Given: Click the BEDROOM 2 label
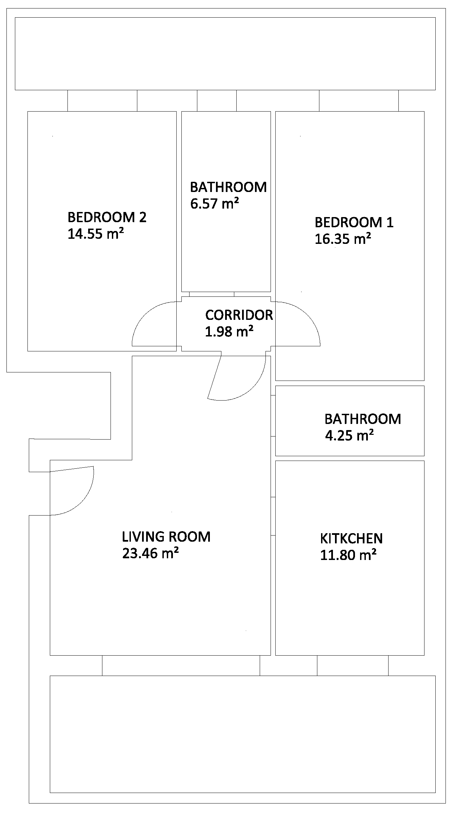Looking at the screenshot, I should pyautogui.click(x=107, y=217).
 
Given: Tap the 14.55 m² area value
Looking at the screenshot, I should pyautogui.click(x=95, y=234).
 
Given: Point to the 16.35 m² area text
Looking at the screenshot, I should pyautogui.click(x=342, y=239).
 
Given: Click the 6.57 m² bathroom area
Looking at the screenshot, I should pyautogui.click(x=214, y=204).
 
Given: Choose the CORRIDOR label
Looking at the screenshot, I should pyautogui.click(x=239, y=315).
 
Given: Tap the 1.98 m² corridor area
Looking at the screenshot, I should pyautogui.click(x=229, y=331).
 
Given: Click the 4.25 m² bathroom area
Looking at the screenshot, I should pyautogui.click(x=349, y=435).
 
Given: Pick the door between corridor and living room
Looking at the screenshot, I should pyautogui.click(x=244, y=390).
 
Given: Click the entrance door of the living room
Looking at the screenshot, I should pyautogui.click(x=85, y=499).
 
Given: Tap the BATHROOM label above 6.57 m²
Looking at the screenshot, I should pyautogui.click(x=228, y=187).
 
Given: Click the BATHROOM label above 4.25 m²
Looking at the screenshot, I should pyautogui.click(x=362, y=419).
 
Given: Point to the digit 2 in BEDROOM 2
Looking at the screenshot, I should pyautogui.click(x=143, y=217).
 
